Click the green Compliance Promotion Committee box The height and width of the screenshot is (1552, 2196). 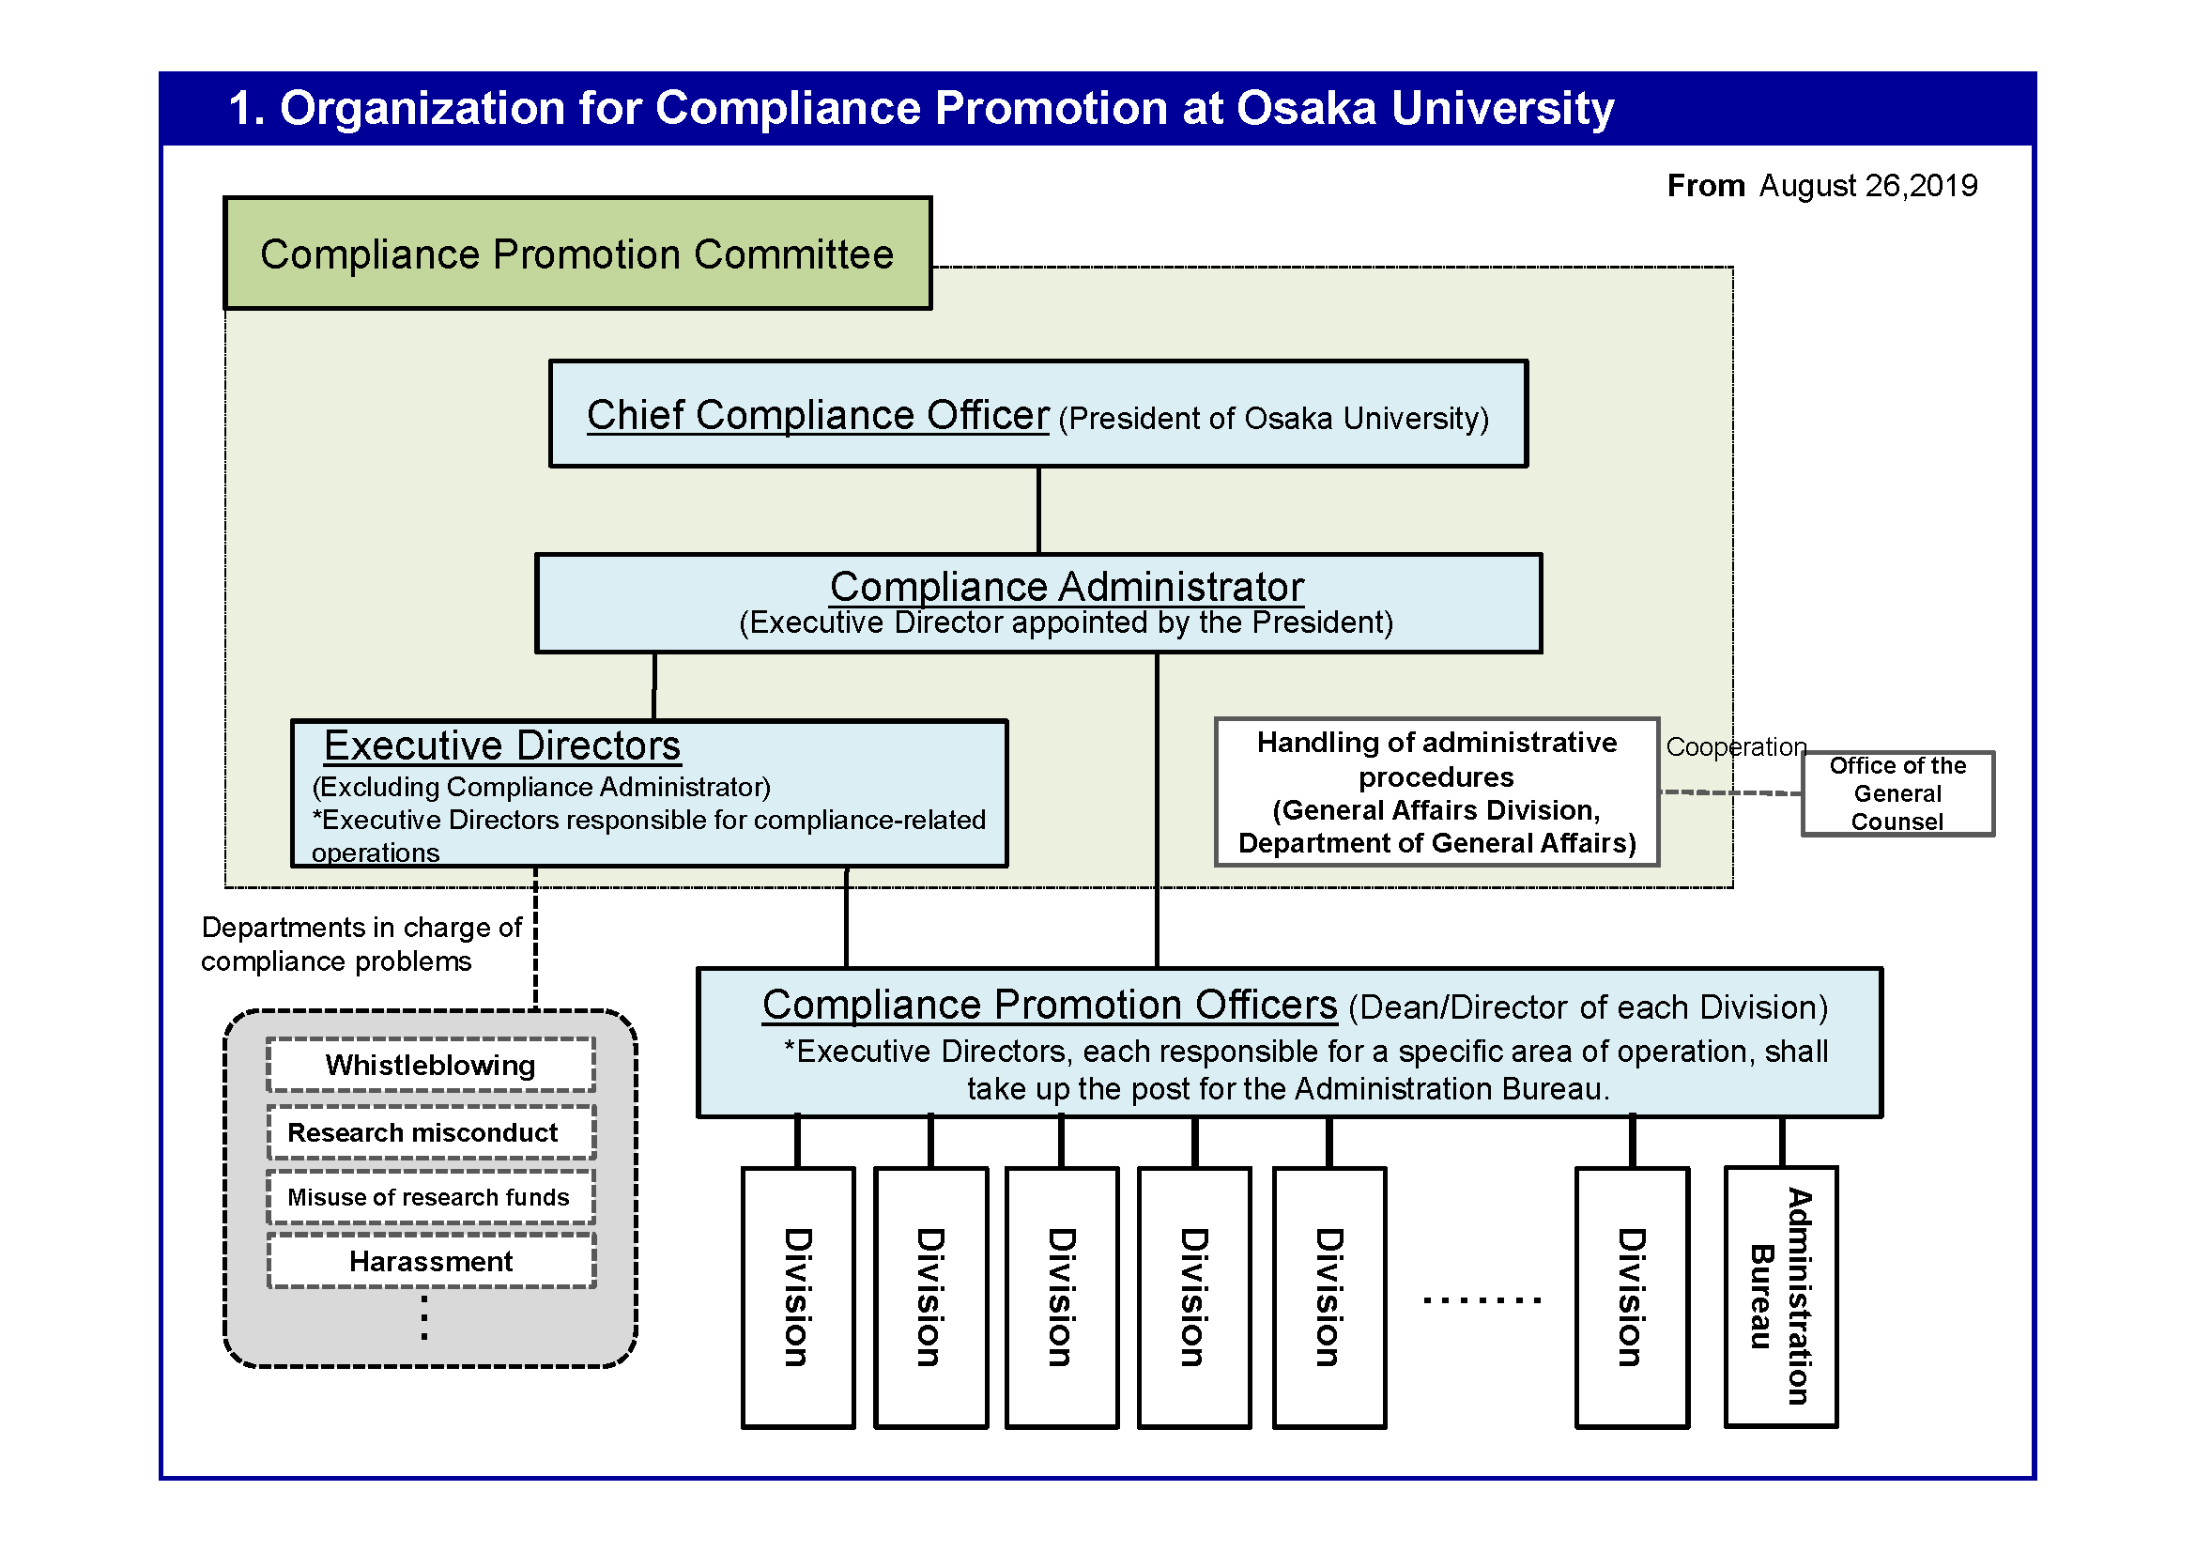(576, 254)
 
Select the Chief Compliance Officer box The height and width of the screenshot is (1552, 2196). (1037, 414)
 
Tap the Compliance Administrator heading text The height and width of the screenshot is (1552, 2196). (1067, 586)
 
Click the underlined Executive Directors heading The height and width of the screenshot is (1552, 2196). (502, 745)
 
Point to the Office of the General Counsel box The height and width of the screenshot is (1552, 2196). (1897, 793)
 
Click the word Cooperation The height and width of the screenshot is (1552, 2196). (1736, 746)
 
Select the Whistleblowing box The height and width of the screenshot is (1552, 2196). (430, 1066)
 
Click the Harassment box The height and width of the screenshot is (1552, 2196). (430, 1261)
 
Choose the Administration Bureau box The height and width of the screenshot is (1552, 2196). (1781, 1297)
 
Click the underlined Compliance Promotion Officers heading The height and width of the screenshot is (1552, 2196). (1050, 1005)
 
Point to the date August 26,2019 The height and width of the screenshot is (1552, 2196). (1868, 186)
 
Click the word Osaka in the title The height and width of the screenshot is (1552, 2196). (1306, 108)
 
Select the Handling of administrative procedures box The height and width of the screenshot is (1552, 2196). (1436, 792)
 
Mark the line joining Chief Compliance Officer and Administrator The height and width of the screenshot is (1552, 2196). (1038, 510)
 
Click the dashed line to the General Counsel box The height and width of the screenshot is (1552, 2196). (1731, 792)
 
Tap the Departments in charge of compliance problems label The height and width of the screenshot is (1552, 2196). (361, 944)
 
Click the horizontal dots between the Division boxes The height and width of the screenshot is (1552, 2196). (1482, 1300)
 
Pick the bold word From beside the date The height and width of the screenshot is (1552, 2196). (1705, 186)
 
